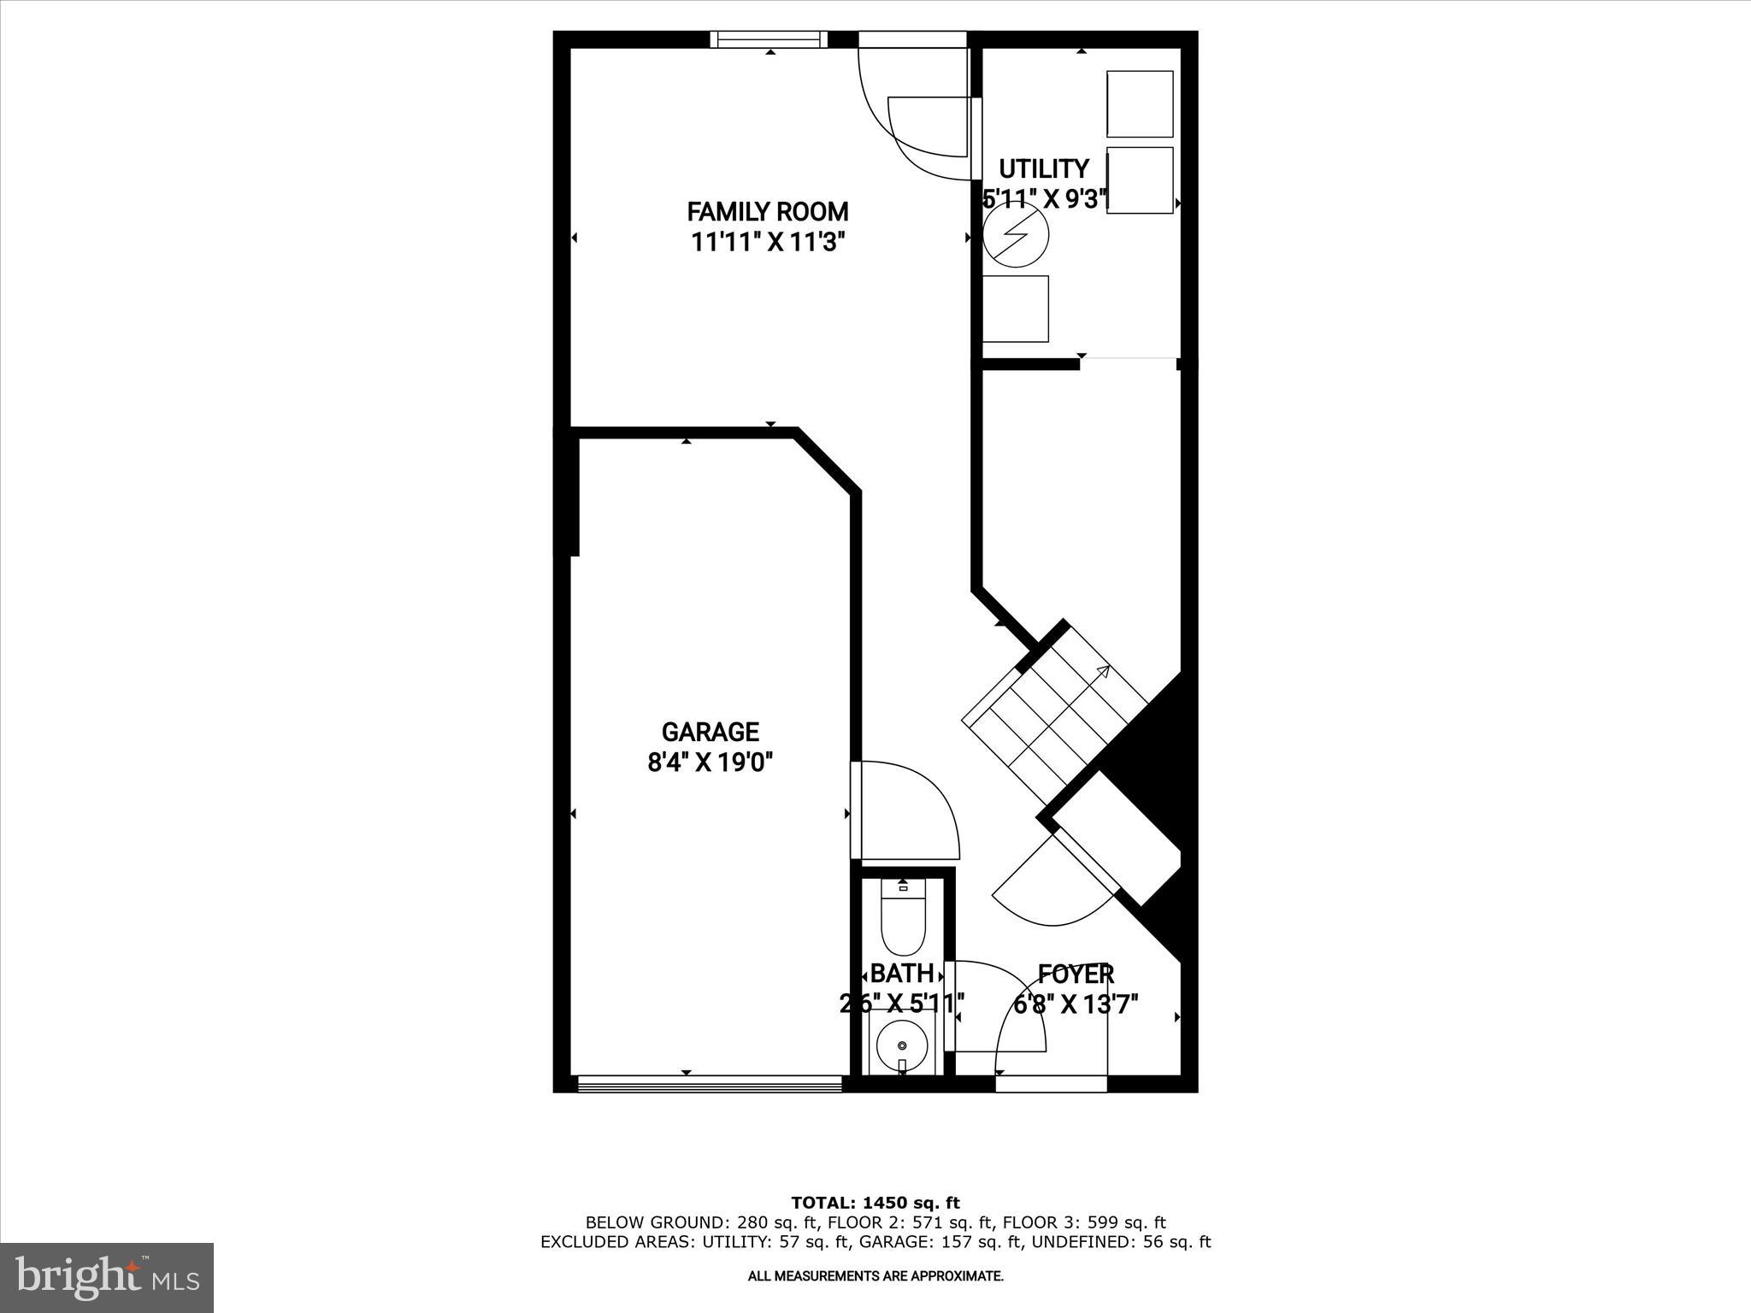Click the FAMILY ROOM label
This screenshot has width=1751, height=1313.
768,211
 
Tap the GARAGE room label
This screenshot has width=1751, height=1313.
710,732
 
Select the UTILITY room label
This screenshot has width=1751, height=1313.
1044,168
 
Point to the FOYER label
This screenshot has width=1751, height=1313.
1076,974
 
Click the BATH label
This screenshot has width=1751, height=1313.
901,974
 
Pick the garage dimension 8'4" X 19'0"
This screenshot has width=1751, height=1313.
710,762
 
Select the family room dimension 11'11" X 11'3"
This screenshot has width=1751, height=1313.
768,242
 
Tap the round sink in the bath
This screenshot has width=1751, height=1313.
903,1045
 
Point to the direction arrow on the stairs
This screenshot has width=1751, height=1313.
1103,672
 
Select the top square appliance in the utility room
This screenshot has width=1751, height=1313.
1140,103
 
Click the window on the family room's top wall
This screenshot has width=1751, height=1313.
769,39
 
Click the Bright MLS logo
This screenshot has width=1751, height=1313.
107,1277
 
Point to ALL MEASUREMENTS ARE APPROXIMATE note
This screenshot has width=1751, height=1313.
875,1276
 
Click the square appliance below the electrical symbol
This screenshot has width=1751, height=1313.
1016,309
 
